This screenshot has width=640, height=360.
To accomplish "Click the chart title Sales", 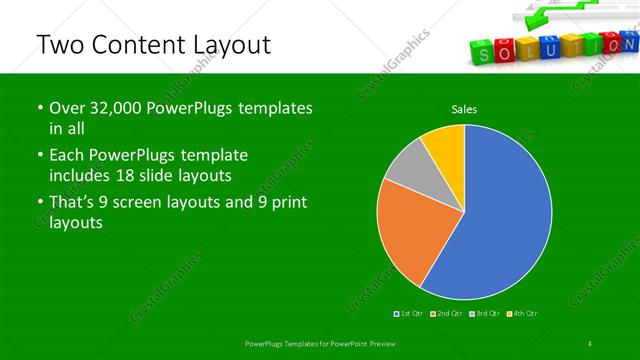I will [463, 108].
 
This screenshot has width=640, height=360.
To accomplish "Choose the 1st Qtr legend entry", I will [410, 315].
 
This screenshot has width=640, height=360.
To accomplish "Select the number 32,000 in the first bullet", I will [121, 108].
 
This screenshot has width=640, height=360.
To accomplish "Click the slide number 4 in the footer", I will [590, 344].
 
